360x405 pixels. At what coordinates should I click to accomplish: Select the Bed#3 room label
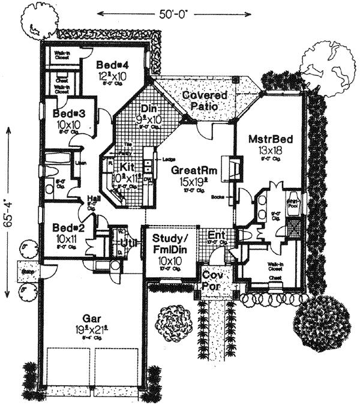coord(68,113)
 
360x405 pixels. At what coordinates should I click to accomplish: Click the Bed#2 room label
coord(65,228)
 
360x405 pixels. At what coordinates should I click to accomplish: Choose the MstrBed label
coord(271,140)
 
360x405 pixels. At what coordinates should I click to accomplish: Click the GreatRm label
coord(191,170)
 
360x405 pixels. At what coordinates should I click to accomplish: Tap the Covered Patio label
coord(204,100)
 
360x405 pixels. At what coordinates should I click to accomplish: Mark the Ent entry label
coord(215,235)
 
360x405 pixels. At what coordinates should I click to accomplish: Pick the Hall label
coord(92,198)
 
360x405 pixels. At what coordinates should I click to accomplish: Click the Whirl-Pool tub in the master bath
coord(292,203)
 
